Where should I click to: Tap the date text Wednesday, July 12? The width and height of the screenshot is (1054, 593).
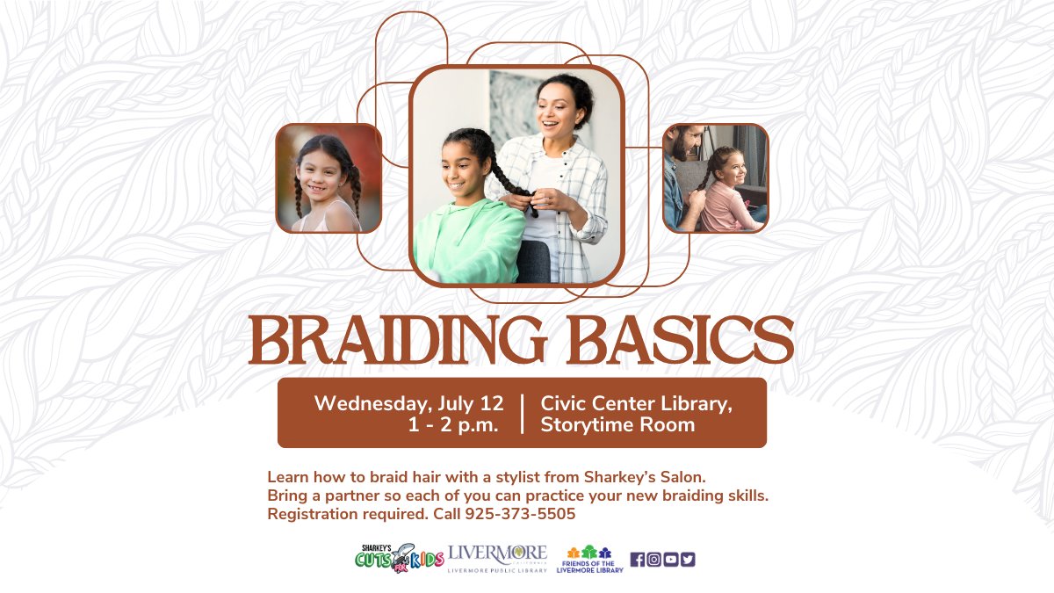tap(409, 403)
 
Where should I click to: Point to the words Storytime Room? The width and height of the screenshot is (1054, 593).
tap(617, 425)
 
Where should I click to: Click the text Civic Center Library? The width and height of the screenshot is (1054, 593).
tap(636, 403)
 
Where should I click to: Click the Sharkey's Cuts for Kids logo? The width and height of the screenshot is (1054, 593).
tap(399, 558)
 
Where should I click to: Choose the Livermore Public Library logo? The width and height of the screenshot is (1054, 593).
tap(497, 558)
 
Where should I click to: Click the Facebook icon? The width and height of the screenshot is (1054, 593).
tap(638, 559)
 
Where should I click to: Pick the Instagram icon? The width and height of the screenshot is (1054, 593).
tap(653, 559)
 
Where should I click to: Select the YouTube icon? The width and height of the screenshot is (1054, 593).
tap(670, 559)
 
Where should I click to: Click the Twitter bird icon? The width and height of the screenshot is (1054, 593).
tap(687, 559)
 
